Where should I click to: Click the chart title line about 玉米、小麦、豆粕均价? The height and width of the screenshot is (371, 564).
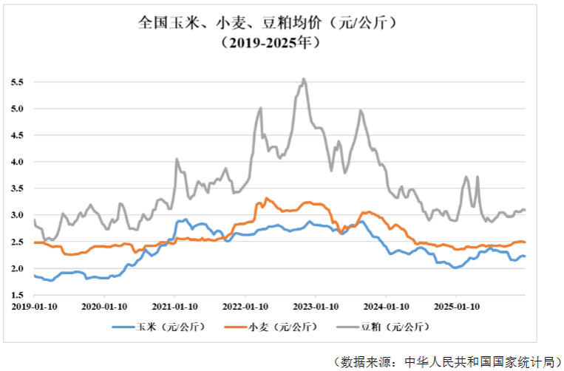pyautogui.click(x=268, y=23)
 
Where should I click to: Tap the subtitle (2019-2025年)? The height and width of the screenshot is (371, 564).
pyautogui.click(x=270, y=43)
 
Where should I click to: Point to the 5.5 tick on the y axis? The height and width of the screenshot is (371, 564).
pyautogui.click(x=17, y=82)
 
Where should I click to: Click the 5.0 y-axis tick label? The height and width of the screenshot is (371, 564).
pyautogui.click(x=17, y=109)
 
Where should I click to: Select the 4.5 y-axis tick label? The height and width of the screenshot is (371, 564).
pyautogui.click(x=17, y=135)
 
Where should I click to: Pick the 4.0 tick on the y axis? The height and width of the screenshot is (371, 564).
pyautogui.click(x=17, y=162)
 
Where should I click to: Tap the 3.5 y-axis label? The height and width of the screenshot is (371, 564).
pyautogui.click(x=17, y=188)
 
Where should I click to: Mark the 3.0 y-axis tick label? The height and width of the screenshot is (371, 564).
pyautogui.click(x=17, y=215)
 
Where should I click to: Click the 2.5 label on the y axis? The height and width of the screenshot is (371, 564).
pyautogui.click(x=17, y=242)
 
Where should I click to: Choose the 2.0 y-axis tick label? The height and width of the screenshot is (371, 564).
pyautogui.click(x=17, y=268)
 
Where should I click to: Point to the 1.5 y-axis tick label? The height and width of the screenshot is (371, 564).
pyautogui.click(x=17, y=295)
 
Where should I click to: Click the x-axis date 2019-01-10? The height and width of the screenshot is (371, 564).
pyautogui.click(x=34, y=307)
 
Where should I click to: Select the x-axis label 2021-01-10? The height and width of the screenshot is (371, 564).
pyautogui.click(x=174, y=307)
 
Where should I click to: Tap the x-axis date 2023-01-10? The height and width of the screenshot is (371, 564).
pyautogui.click(x=316, y=307)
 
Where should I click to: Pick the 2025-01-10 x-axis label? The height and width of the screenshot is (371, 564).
pyautogui.click(x=457, y=307)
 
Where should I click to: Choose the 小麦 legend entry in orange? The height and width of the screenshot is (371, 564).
pyautogui.click(x=271, y=327)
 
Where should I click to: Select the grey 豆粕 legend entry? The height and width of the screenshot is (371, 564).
pyautogui.click(x=384, y=327)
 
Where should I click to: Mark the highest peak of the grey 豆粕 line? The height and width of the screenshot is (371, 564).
pyautogui.click(x=304, y=78)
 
